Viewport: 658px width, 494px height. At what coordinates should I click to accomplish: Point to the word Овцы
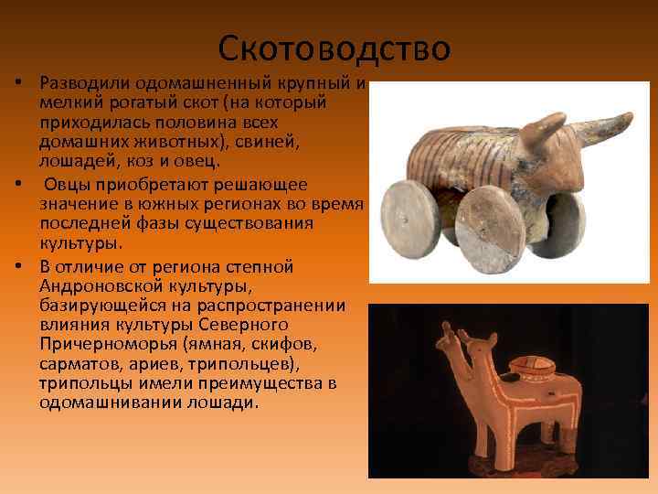69,184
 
